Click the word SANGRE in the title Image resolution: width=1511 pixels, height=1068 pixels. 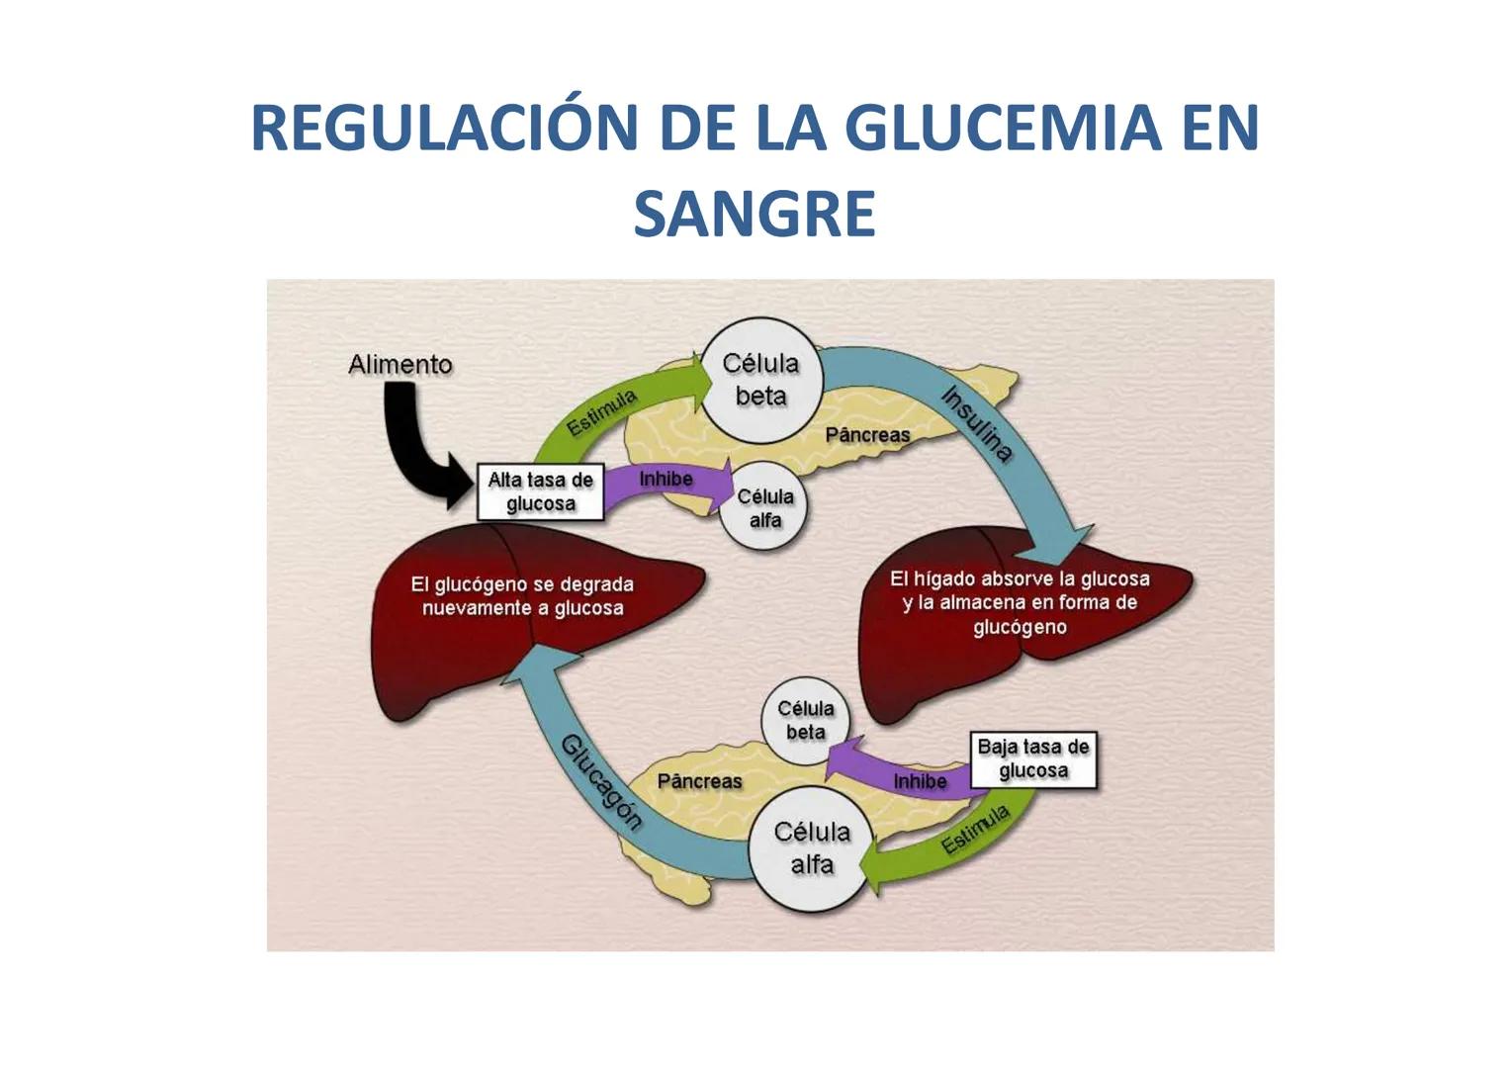[x=755, y=214]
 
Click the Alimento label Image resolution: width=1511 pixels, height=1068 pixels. [x=400, y=365]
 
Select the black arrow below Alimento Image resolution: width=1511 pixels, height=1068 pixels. [x=415, y=445]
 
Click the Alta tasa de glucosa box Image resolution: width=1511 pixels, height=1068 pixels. [x=540, y=491]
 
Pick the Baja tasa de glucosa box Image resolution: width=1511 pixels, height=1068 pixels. [x=1032, y=758]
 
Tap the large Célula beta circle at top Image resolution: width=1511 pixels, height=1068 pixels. [x=760, y=380]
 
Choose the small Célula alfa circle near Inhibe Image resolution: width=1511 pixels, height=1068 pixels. [x=764, y=507]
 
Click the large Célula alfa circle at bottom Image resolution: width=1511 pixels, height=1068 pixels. [x=811, y=848]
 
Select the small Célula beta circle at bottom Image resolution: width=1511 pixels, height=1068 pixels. [x=805, y=720]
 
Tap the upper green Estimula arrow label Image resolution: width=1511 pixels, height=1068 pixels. [x=601, y=412]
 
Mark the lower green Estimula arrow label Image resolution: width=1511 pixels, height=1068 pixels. [x=975, y=829]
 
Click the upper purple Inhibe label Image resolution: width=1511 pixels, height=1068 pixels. [x=666, y=480]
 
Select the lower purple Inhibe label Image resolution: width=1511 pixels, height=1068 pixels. [x=920, y=781]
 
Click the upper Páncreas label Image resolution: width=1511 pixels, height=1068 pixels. [x=867, y=435]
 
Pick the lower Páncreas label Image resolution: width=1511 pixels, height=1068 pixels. [x=699, y=781]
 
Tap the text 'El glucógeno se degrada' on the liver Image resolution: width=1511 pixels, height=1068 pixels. [x=522, y=584]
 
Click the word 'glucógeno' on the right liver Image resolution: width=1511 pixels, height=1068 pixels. [x=1020, y=627]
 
